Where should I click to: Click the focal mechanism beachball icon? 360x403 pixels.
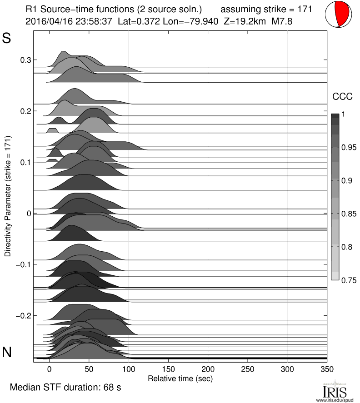coord(339,15)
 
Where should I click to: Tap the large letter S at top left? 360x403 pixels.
coord(7,39)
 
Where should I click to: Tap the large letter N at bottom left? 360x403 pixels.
coord(7,352)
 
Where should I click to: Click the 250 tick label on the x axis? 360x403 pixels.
coord(248,369)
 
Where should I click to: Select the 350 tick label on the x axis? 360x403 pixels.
coord(327,369)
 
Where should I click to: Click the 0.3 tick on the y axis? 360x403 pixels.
coord(25,60)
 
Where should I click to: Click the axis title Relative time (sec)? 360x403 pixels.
coord(180,378)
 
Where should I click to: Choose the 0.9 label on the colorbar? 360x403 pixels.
coord(347,181)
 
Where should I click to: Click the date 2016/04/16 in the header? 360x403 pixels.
coord(45,21)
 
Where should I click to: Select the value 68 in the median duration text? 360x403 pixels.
coord(106,388)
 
